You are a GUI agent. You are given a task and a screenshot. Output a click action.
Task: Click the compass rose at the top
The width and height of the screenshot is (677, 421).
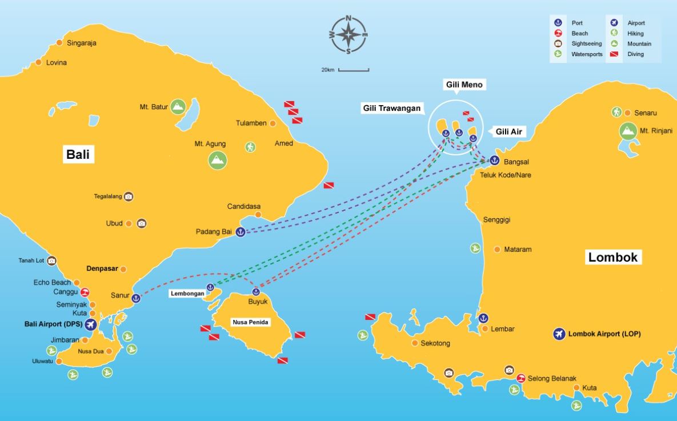click(x=348, y=35)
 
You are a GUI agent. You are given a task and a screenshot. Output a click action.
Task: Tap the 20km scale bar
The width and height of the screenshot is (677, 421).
click(x=353, y=70)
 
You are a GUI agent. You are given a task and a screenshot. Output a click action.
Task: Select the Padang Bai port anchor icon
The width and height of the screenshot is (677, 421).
click(x=241, y=232)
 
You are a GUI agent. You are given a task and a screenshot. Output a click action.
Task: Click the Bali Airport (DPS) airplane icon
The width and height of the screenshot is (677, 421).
click(x=90, y=324)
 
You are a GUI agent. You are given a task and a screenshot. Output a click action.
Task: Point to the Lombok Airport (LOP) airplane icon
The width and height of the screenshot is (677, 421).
click(x=559, y=334)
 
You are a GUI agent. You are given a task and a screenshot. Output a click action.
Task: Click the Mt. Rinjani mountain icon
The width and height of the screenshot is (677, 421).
click(x=628, y=131)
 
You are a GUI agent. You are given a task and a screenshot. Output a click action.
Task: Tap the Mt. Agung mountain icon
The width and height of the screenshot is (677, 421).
click(x=217, y=160)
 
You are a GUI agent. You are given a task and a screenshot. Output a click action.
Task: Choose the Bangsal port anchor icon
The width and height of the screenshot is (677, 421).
click(x=494, y=161)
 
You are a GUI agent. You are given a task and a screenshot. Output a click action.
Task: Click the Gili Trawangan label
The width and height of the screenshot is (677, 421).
click(x=392, y=108)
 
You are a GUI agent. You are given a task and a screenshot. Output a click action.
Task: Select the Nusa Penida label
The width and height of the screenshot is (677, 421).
click(x=250, y=322)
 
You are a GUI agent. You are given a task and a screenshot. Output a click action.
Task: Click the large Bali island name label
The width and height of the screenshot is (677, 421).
click(x=78, y=155)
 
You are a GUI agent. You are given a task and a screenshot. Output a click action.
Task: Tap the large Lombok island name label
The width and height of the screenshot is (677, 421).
click(x=612, y=257)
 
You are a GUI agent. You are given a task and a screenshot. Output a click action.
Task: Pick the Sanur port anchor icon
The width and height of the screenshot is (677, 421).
click(x=136, y=298)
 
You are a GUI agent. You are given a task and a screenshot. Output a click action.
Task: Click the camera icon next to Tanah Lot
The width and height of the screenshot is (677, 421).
click(x=52, y=261)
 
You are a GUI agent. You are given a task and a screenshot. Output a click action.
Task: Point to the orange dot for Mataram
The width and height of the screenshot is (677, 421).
click(x=497, y=250)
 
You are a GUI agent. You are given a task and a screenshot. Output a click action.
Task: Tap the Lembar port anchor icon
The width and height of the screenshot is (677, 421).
click(x=483, y=318)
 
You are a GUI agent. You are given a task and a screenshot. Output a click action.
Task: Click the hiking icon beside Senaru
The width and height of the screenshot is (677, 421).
click(x=616, y=112)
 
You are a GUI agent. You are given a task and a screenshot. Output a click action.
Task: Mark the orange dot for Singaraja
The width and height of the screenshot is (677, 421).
click(x=59, y=43)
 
